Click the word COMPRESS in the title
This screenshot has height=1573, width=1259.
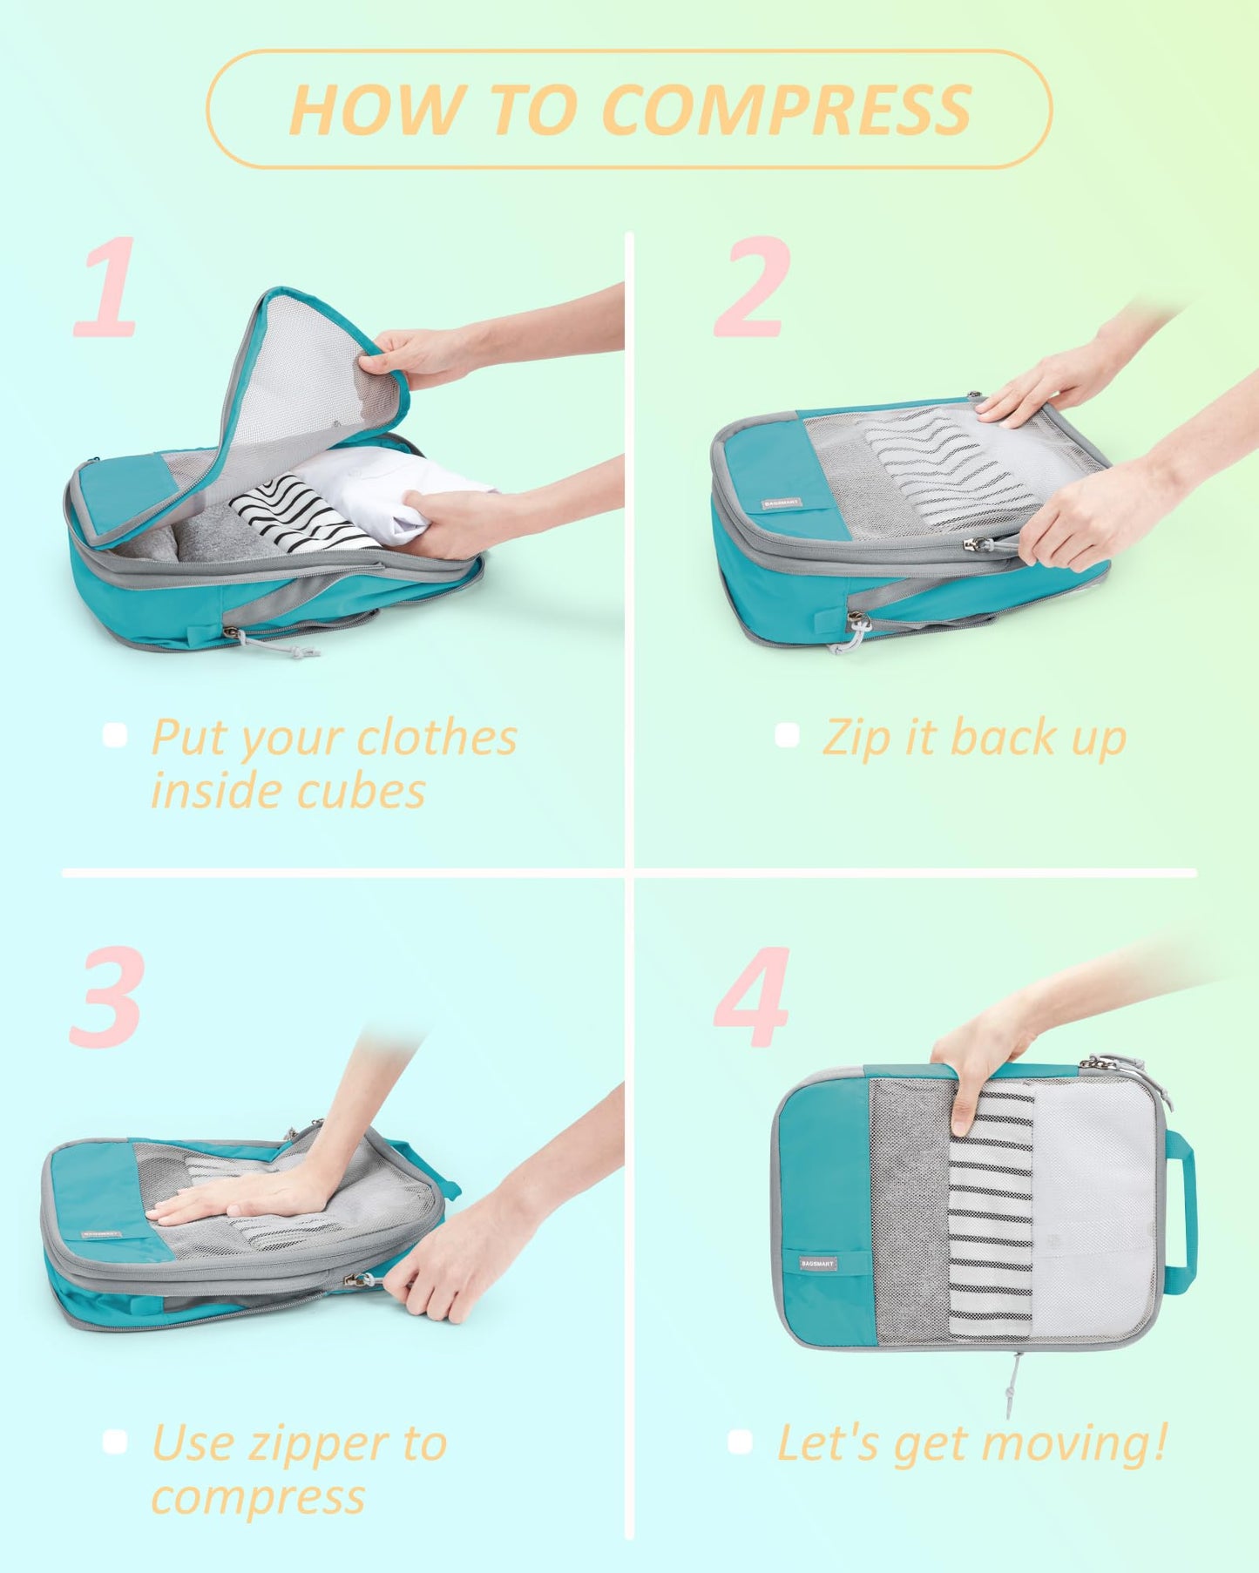click(786, 111)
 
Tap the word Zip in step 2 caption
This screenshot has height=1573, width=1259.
click(857, 739)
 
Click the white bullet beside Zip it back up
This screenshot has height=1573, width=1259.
click(787, 735)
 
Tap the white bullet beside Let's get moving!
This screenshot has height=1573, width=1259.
click(740, 1441)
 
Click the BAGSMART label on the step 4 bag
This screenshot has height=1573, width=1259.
click(817, 1263)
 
